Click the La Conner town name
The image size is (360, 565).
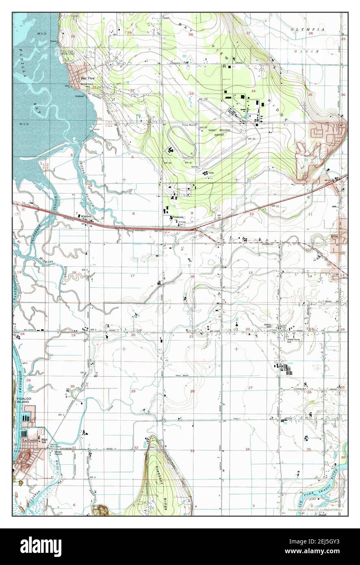(x=30, y=440)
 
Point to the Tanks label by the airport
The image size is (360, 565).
(x=211, y=173)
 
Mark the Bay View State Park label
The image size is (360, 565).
(x=68, y=53)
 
